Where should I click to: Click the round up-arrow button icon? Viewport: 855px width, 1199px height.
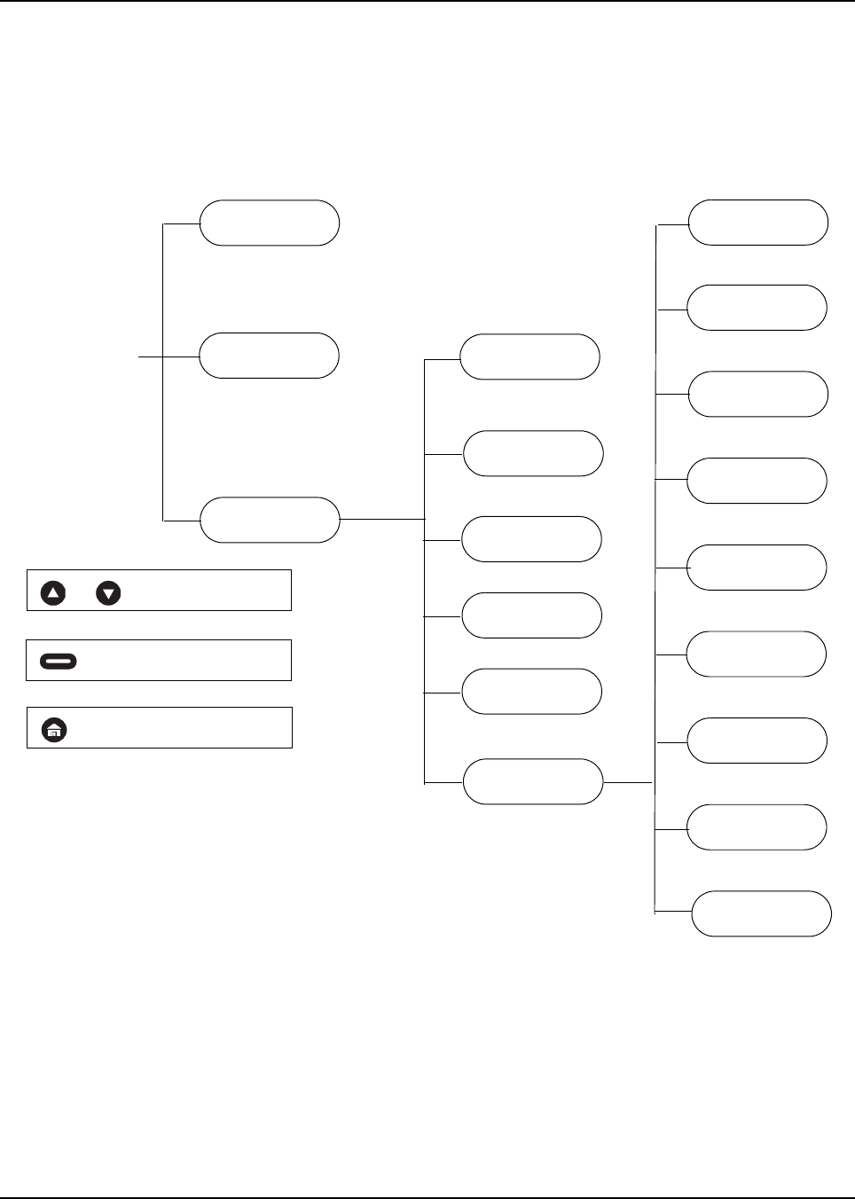pyautogui.click(x=53, y=592)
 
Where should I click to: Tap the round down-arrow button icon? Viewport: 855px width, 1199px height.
pyautogui.click(x=108, y=592)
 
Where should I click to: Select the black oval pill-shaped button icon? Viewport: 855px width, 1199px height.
pyautogui.click(x=59, y=661)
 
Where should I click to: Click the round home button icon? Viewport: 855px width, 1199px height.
pyautogui.click(x=54, y=730)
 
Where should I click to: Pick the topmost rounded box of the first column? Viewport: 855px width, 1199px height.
pyautogui.click(x=269, y=223)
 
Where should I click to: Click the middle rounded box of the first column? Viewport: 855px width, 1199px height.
pyautogui.click(x=269, y=356)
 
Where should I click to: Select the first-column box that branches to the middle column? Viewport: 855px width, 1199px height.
pyautogui.click(x=270, y=520)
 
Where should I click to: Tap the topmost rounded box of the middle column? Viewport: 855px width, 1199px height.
pyautogui.click(x=529, y=357)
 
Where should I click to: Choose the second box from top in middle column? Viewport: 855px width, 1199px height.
pyautogui.click(x=533, y=453)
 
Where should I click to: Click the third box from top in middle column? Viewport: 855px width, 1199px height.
pyautogui.click(x=531, y=539)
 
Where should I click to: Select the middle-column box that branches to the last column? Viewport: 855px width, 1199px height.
pyautogui.click(x=533, y=781)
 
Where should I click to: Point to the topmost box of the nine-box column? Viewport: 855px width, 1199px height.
pyautogui.click(x=758, y=223)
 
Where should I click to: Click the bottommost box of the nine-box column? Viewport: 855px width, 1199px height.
pyautogui.click(x=761, y=913)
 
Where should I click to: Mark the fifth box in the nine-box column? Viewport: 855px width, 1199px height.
pyautogui.click(x=757, y=568)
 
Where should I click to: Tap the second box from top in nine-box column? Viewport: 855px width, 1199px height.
pyautogui.click(x=757, y=308)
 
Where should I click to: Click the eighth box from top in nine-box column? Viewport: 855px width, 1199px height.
pyautogui.click(x=757, y=827)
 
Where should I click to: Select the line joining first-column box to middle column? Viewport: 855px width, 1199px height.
pyautogui.click(x=382, y=519)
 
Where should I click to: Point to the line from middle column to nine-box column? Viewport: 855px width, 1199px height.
pyautogui.click(x=628, y=782)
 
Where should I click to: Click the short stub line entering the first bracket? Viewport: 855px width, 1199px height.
pyautogui.click(x=151, y=357)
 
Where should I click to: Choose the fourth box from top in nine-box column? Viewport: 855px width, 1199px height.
pyautogui.click(x=757, y=481)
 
